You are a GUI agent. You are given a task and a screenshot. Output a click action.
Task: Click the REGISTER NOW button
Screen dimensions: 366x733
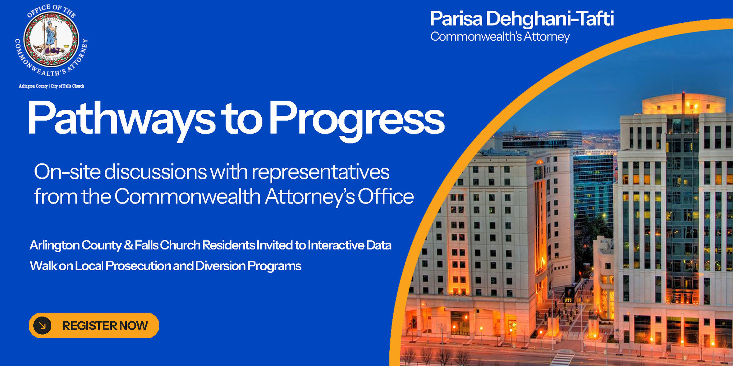pos(94,325)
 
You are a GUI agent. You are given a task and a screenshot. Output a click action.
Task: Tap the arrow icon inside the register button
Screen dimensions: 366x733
pos(42,325)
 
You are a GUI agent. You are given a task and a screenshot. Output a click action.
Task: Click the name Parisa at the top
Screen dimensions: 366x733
pos(456,19)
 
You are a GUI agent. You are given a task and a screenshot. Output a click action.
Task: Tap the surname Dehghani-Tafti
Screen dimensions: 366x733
pos(550,19)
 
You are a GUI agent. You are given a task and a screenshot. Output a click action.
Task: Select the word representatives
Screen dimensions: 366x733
pos(320,172)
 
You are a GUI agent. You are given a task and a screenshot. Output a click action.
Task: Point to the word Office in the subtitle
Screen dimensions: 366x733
pos(386,197)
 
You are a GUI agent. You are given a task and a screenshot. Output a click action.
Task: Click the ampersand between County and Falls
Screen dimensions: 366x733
pos(128,245)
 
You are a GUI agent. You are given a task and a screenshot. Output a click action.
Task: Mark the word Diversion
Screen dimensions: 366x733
pos(220,266)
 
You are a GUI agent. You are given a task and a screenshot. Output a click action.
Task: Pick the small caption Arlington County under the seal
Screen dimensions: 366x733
pos(33,86)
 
